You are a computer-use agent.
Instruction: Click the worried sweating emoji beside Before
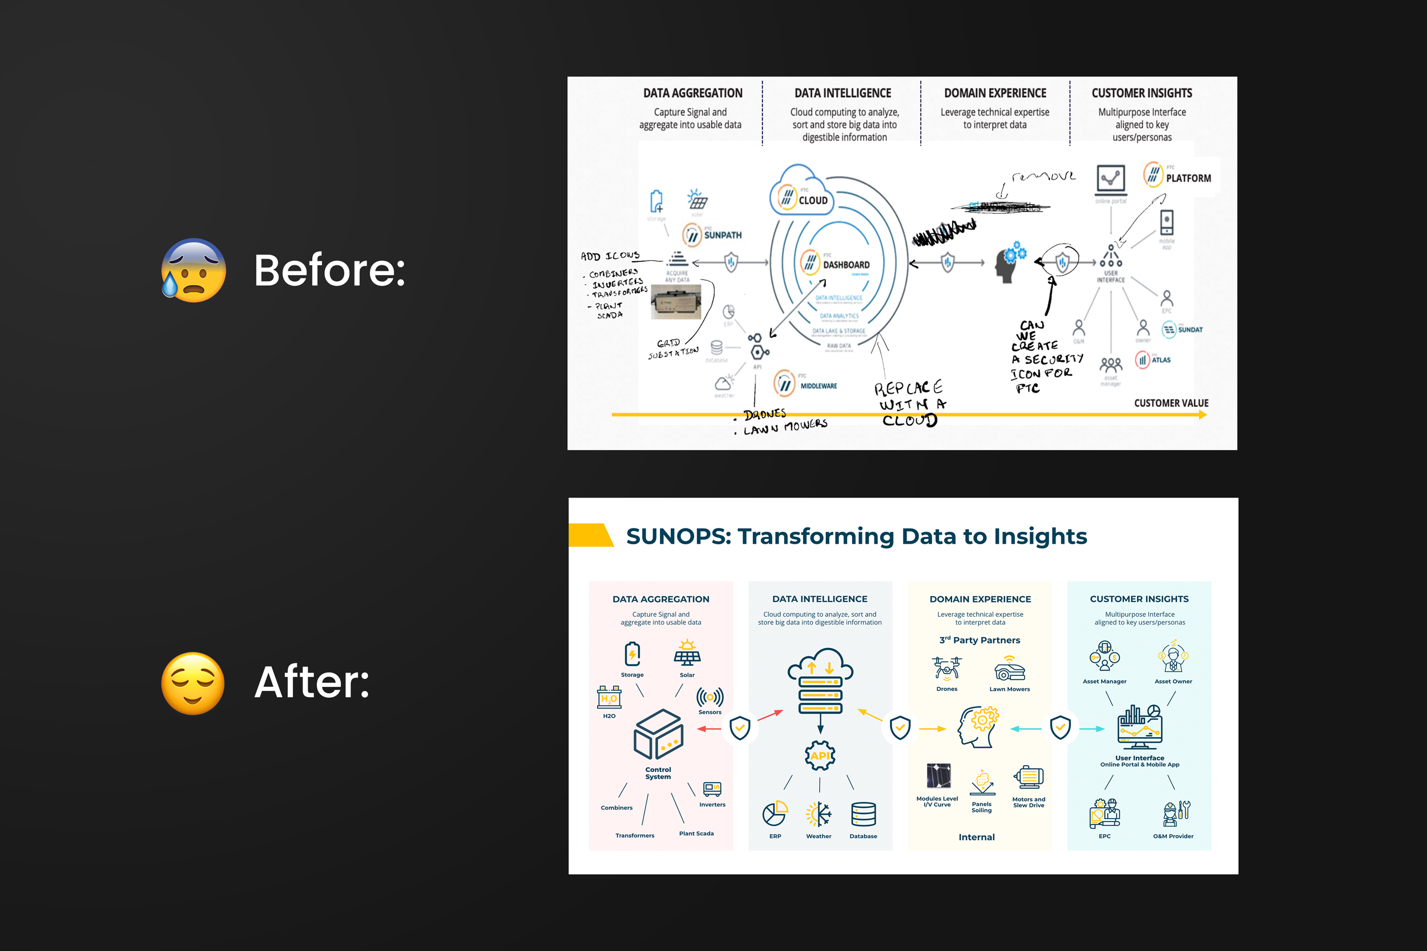(x=194, y=270)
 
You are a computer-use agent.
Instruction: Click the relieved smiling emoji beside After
(x=193, y=683)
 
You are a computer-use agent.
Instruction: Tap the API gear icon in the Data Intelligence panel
(x=820, y=756)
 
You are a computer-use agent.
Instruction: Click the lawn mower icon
(x=1010, y=671)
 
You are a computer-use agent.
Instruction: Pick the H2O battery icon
(x=609, y=698)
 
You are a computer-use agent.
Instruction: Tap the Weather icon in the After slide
(x=819, y=815)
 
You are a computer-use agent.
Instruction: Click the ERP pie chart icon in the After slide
(x=775, y=814)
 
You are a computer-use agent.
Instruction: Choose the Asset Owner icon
(x=1173, y=657)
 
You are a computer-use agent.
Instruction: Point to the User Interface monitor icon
(x=1139, y=727)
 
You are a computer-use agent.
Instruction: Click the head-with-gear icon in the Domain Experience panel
(x=978, y=727)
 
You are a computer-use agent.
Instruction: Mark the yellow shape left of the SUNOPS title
(x=591, y=535)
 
